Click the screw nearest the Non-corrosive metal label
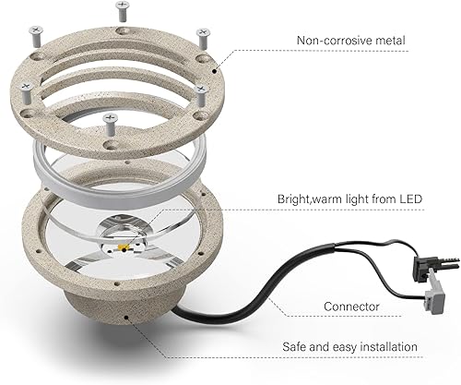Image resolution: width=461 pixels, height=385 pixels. click(202, 34)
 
